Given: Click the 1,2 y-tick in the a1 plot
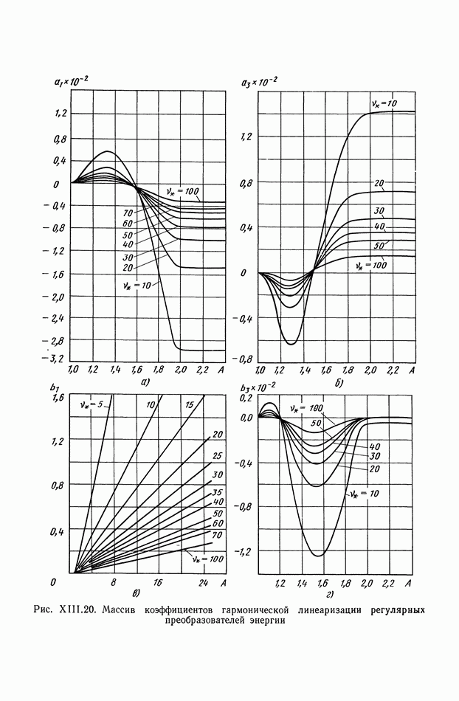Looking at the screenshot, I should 59,114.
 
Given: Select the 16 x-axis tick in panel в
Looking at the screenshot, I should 156,583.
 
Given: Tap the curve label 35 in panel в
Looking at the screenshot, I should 217,491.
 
